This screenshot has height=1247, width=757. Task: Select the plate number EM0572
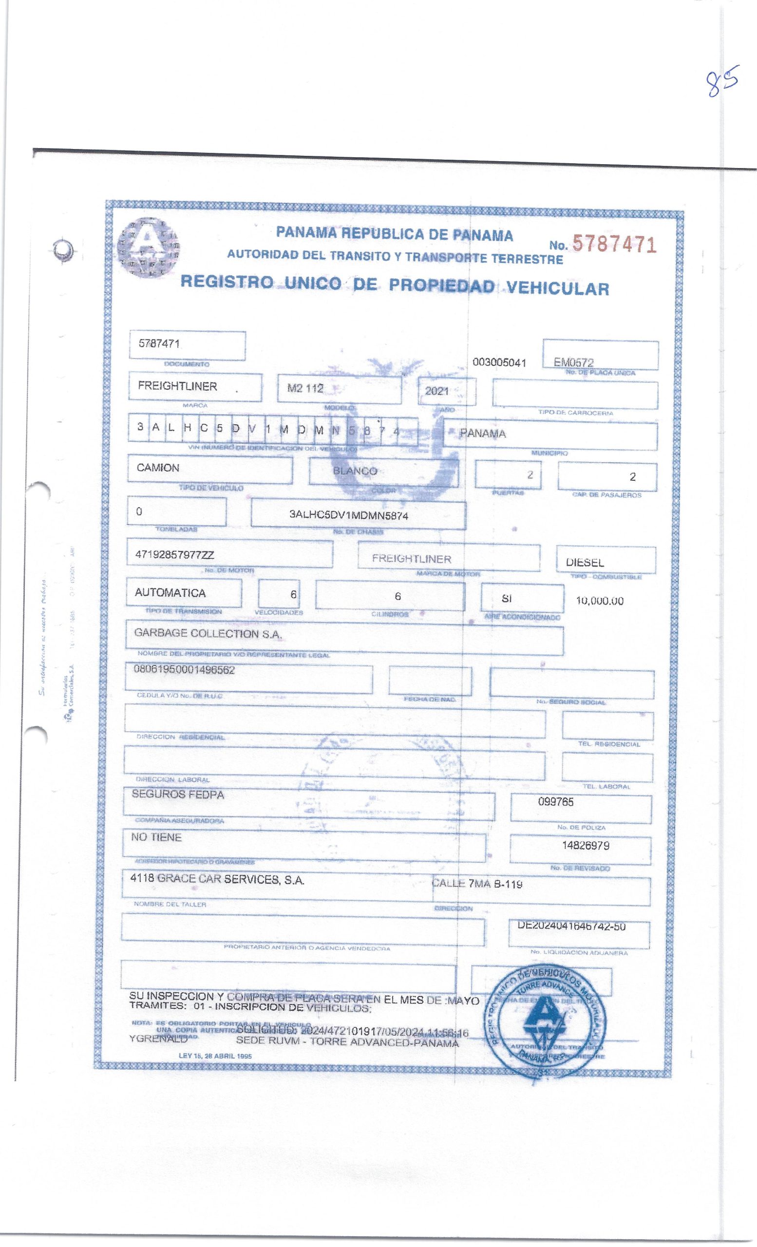(573, 362)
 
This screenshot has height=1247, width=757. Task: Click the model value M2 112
(305, 388)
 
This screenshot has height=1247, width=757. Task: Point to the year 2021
(436, 391)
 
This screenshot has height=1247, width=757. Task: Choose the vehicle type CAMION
(158, 468)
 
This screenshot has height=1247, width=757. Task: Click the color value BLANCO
(355, 471)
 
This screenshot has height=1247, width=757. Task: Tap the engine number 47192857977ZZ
(174, 555)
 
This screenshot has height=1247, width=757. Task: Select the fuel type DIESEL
(586, 562)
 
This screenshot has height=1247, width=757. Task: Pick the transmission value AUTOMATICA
(170, 593)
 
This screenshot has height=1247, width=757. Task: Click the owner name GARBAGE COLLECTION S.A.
(208, 634)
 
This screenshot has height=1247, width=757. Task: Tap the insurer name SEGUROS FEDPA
(178, 794)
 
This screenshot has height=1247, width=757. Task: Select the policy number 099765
(556, 802)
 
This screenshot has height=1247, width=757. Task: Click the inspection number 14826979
(586, 845)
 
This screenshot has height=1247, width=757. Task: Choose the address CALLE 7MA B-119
(477, 884)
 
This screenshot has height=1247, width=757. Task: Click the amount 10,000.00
(600, 601)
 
